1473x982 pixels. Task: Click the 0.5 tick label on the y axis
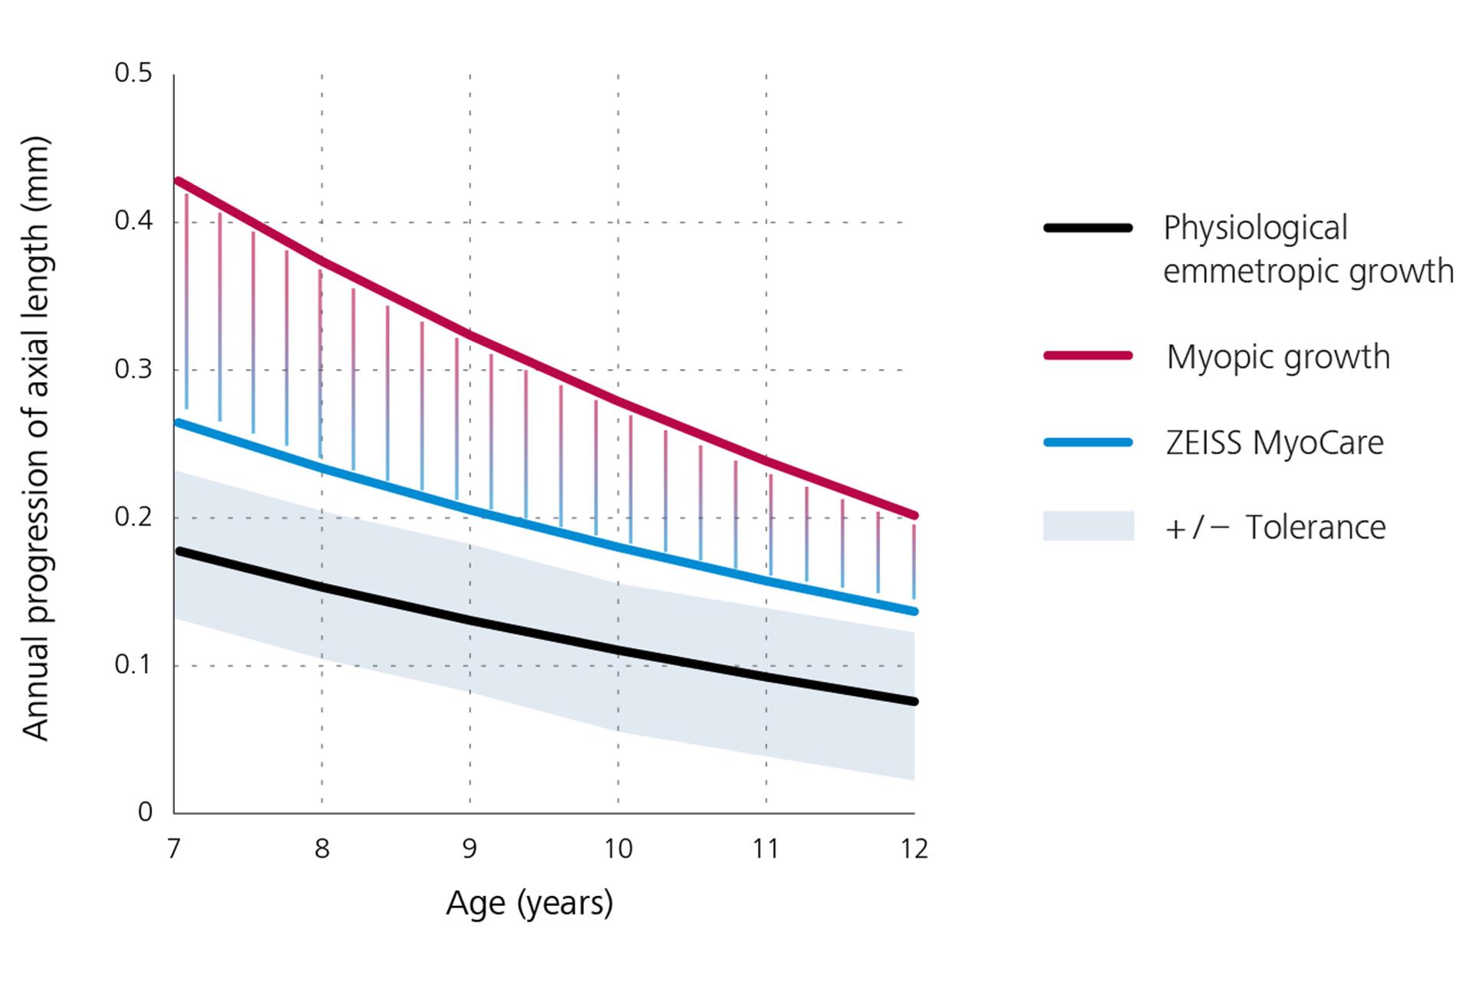[133, 74]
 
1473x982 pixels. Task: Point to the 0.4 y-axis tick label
[133, 222]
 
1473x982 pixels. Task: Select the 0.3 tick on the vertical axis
[133, 370]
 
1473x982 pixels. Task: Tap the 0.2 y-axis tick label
[133, 517]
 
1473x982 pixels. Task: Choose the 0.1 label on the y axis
[133, 665]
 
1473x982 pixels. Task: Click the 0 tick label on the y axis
[145, 812]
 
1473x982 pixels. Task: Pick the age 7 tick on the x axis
[174, 849]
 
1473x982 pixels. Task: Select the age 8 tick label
[322, 849]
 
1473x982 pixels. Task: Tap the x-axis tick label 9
[470, 849]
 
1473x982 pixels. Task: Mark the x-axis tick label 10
[618, 849]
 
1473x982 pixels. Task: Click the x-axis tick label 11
[766, 849]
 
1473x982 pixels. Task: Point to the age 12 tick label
[914, 849]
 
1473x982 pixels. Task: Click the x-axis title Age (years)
[529, 903]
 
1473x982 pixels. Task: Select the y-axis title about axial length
[36, 438]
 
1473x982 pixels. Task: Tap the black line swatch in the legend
[1088, 228]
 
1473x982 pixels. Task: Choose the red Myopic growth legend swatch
[1088, 356]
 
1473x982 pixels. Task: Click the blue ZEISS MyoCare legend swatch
[1088, 443]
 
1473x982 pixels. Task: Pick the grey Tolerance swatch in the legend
[1088, 526]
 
